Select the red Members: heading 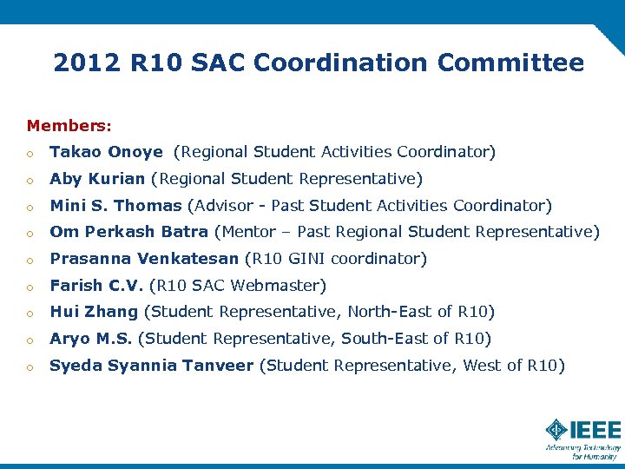(69, 126)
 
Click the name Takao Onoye (106, 152)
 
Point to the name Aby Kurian (97, 179)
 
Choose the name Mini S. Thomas (115, 206)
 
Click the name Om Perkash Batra (128, 232)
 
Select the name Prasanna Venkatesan (143, 259)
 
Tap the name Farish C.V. (96, 285)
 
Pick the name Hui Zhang (94, 312)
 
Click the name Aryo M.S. (91, 339)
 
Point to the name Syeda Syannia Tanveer (151, 366)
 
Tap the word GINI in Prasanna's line (309, 259)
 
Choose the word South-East (379, 339)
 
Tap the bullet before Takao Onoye (30, 153)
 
